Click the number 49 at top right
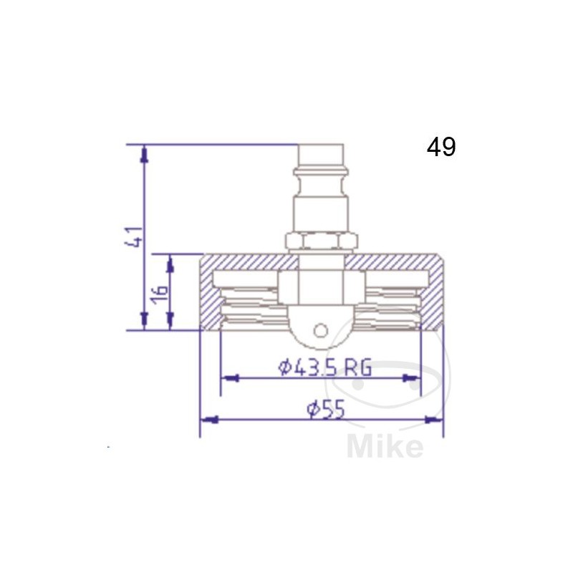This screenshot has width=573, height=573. tap(441, 147)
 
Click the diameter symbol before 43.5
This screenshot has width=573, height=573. tap(284, 367)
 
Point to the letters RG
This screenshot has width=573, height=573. tap(357, 367)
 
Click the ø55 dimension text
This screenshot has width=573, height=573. tap(326, 409)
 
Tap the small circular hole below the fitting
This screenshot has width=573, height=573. tap(321, 330)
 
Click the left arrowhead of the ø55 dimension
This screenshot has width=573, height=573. tap(207, 420)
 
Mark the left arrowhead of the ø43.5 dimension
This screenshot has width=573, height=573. tap(228, 377)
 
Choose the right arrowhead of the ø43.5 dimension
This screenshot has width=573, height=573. tap(413, 377)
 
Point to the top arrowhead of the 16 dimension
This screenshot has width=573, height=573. tap(170, 264)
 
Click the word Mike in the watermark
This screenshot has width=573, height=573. tap(385, 447)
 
